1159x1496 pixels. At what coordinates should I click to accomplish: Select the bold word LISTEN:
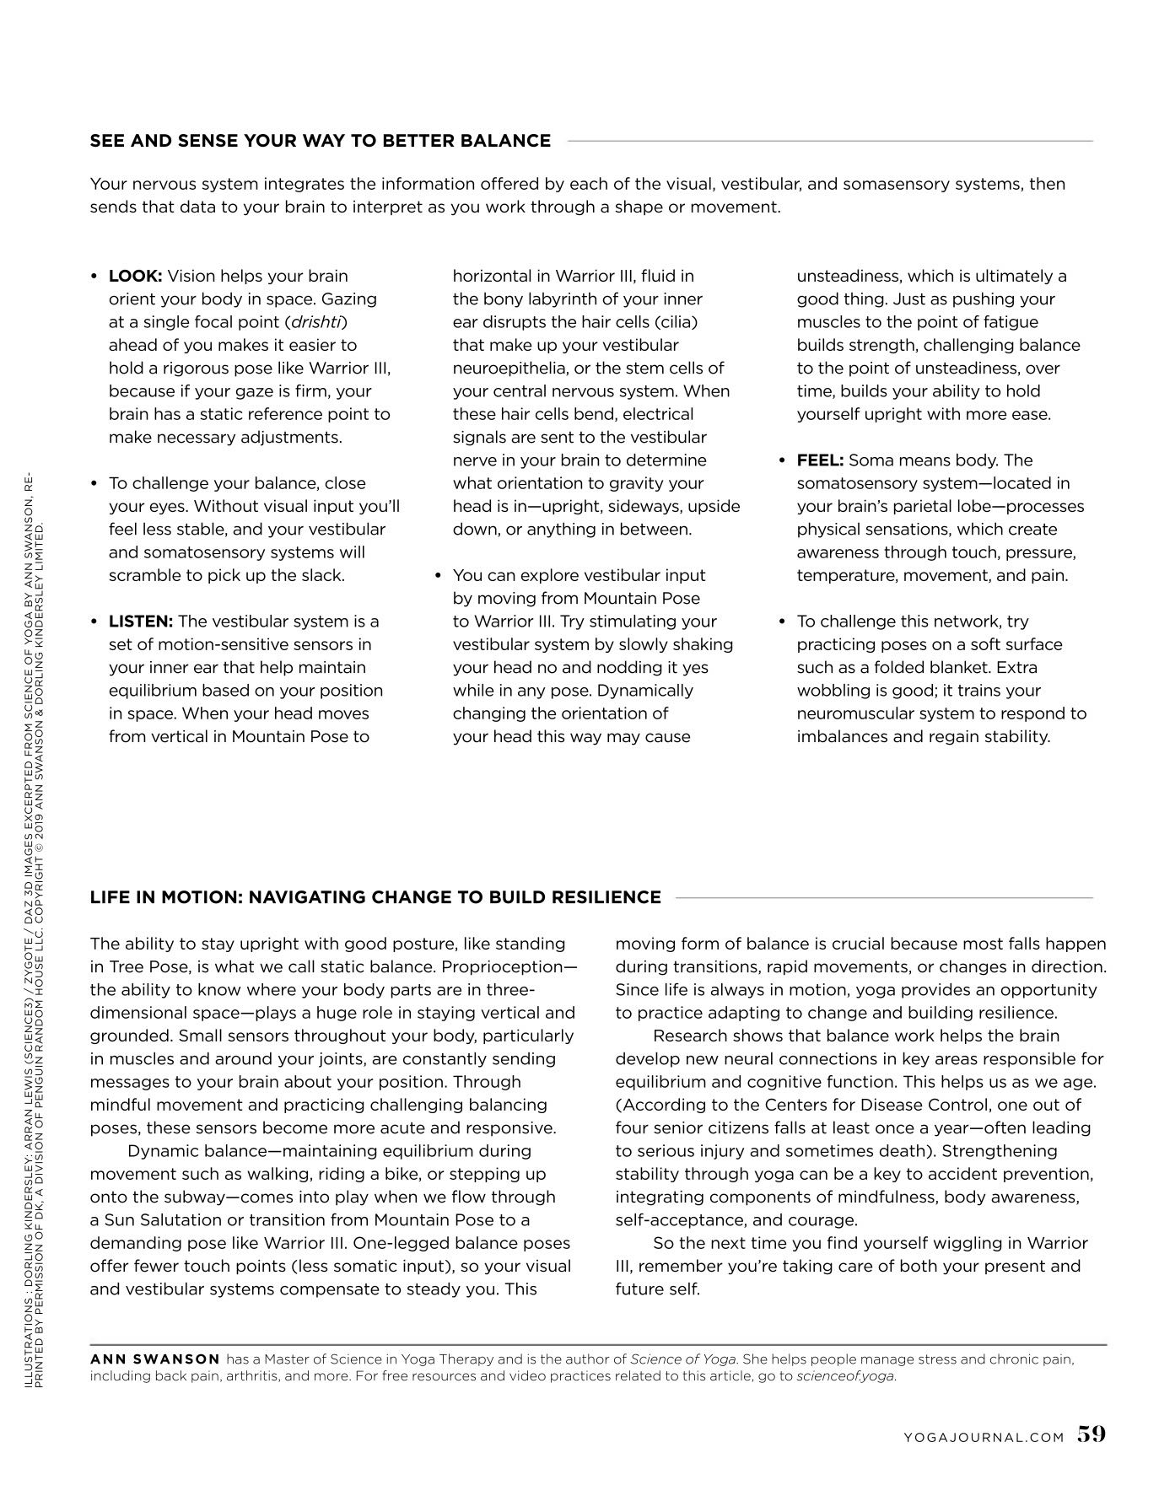pos(140,622)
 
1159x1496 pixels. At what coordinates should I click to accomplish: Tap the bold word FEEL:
pos(820,460)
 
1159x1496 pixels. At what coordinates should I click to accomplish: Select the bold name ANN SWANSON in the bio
pos(155,1359)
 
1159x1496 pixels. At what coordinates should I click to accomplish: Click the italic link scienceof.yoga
pos(845,1376)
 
